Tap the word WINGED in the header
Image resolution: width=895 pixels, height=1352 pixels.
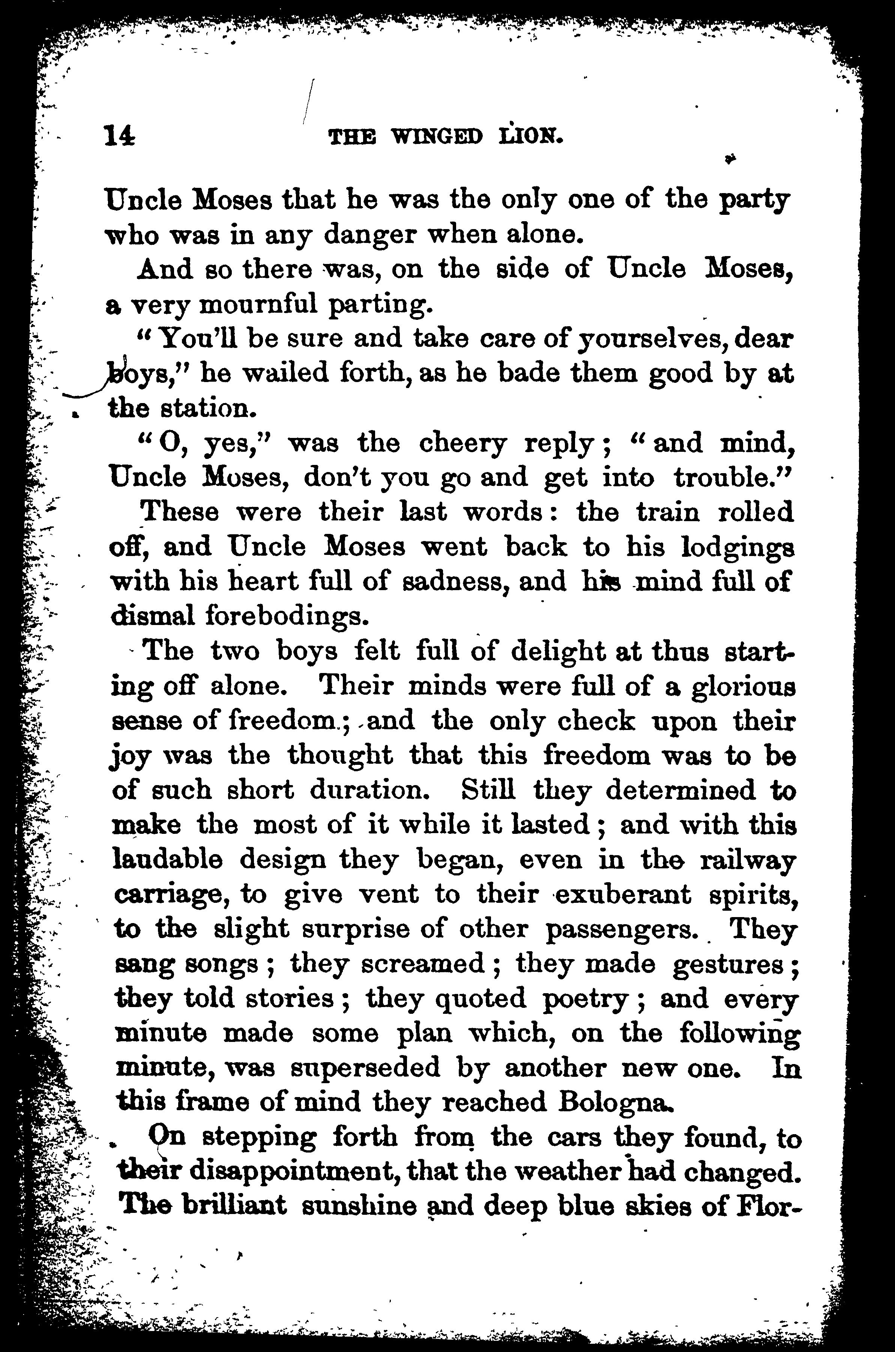pos(437,137)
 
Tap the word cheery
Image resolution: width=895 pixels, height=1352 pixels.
pos(463,444)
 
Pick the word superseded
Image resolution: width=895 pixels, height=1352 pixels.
pos(365,1067)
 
